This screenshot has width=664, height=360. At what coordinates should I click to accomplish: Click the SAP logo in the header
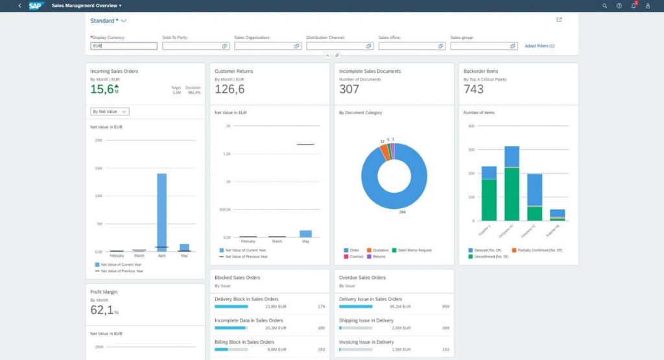click(35, 5)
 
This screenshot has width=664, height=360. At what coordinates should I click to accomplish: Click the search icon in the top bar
click(604, 5)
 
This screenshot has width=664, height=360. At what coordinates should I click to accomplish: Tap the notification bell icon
click(634, 5)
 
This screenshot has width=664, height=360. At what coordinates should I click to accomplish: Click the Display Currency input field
click(124, 46)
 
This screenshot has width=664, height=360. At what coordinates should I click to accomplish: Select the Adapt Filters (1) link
click(539, 46)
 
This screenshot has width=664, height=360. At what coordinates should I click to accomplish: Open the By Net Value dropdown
click(110, 112)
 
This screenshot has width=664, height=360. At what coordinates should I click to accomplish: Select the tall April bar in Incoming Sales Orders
click(161, 211)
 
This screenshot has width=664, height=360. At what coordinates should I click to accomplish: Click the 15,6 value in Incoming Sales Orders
click(102, 90)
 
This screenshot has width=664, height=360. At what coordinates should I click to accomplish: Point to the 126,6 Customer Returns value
click(230, 90)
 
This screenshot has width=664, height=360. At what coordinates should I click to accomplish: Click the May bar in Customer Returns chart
click(305, 234)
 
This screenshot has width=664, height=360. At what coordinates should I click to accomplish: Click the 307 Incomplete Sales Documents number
click(349, 90)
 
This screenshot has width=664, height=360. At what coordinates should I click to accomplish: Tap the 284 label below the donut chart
click(402, 211)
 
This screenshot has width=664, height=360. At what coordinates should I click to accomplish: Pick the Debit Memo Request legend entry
click(412, 250)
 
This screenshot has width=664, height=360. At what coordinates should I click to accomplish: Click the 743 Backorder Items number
click(473, 90)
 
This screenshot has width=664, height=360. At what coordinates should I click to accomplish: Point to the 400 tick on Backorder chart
click(471, 126)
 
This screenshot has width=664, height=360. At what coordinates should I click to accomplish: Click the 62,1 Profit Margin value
click(102, 310)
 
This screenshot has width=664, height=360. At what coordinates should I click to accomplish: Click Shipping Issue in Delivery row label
click(366, 320)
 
